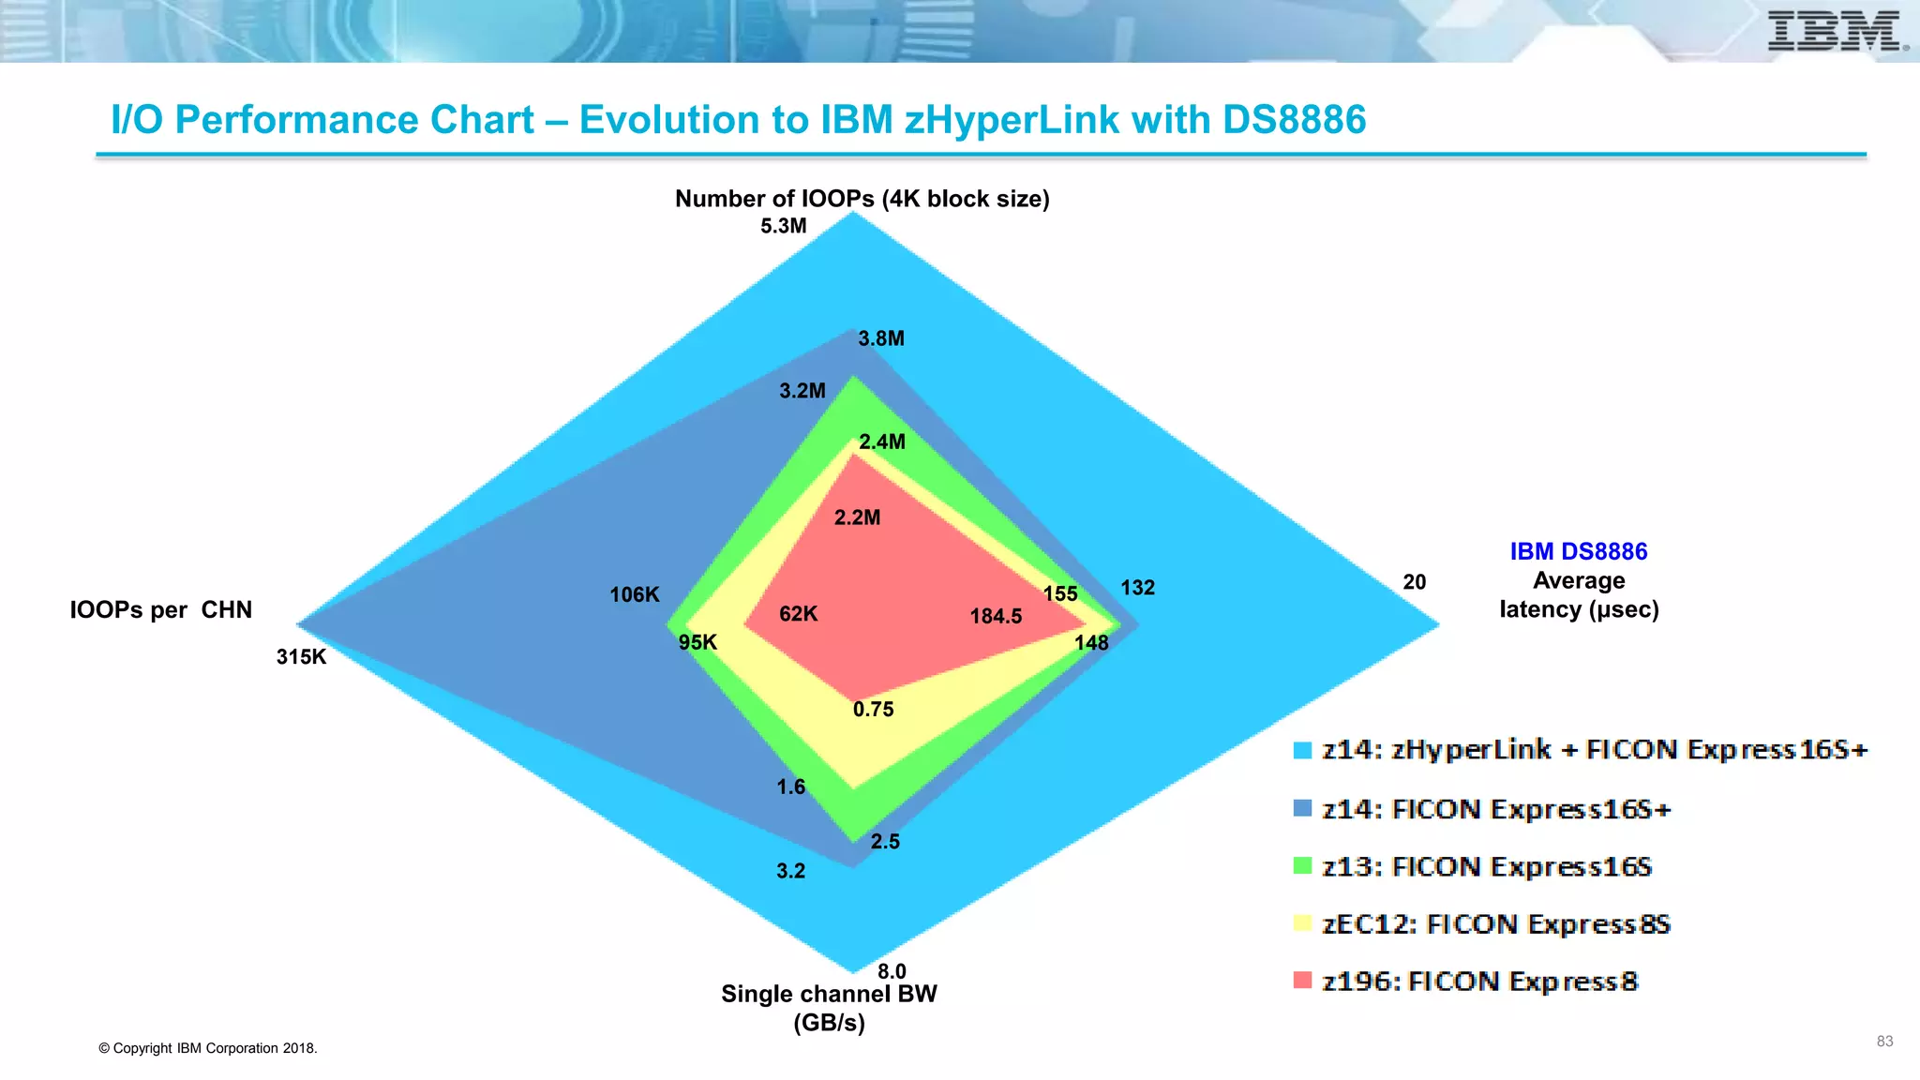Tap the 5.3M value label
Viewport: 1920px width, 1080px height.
(783, 226)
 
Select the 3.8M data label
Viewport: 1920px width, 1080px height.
(881, 338)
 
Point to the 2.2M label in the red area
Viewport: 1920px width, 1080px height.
(857, 517)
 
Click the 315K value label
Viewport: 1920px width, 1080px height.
(301, 657)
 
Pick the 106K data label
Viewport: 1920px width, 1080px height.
(635, 595)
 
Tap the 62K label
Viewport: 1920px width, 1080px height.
(798, 614)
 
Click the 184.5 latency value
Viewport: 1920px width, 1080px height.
(996, 617)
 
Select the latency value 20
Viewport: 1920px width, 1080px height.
(1414, 582)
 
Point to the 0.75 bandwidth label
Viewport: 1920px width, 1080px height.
(873, 710)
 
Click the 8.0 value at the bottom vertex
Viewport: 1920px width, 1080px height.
(892, 971)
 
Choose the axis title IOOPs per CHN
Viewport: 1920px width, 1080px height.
(161, 610)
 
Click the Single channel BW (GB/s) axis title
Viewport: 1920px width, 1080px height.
(829, 1008)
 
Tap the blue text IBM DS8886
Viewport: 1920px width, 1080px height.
(1578, 552)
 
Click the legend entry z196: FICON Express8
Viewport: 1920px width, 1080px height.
(1479, 982)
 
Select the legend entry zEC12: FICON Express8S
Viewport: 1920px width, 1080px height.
(1496, 924)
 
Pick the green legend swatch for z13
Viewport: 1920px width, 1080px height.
(1302, 865)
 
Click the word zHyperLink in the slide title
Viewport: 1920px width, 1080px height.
(1012, 120)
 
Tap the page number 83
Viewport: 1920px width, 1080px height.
(1884, 1042)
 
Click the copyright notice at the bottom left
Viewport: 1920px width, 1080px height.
(208, 1048)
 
